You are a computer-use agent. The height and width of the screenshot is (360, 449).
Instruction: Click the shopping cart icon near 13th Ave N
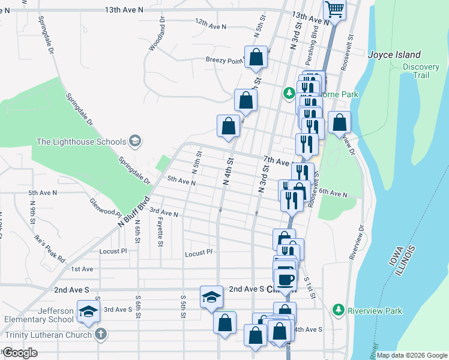[x=335, y=10]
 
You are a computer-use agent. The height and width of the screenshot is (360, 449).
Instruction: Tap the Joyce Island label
[x=394, y=55]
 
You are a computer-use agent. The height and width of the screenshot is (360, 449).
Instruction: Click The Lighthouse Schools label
[x=82, y=142]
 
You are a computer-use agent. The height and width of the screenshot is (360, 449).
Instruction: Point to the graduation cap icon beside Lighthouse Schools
[x=135, y=142]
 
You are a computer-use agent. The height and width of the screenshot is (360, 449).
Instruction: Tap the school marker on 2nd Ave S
[x=211, y=296]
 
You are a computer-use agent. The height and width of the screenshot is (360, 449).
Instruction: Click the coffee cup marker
[x=285, y=278]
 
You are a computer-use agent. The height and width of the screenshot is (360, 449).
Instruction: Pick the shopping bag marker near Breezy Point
[x=256, y=58]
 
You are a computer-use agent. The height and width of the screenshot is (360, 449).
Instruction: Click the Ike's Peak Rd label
[x=50, y=249]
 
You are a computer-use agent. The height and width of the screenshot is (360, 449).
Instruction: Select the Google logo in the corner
[x=20, y=353]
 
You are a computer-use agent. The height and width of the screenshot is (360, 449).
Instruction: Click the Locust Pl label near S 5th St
[x=199, y=254]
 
